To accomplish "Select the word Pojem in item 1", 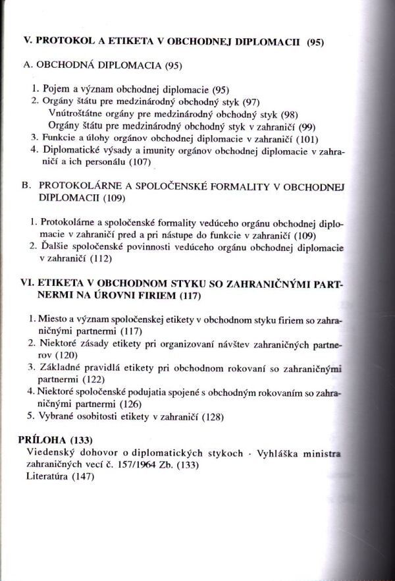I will point(57,88).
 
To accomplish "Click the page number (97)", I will point(251,101).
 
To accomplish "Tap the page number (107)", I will point(120,162).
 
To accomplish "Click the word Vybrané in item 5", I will point(62,416).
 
